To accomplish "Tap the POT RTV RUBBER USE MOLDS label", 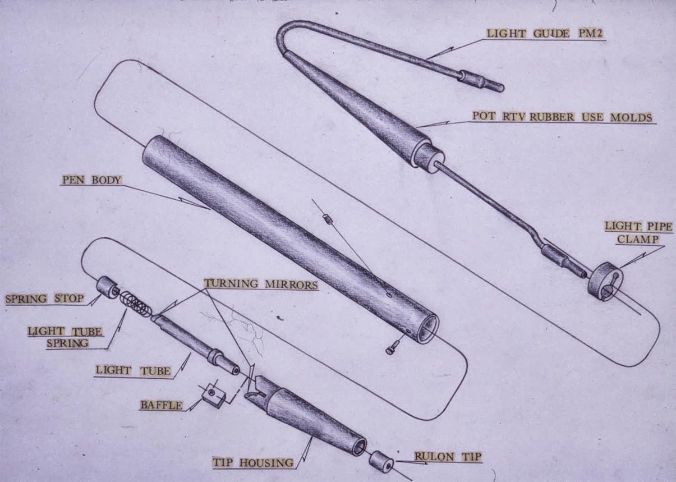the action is pos(562,117).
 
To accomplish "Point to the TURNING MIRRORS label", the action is pos(261,284).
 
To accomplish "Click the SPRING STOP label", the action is pos(45,299).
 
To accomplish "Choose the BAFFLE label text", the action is pos(162,405).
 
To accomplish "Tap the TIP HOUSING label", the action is pos(253,463).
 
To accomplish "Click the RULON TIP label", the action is pos(448,456).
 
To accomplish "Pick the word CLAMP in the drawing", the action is pos(638,240).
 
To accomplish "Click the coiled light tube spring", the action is pos(135,304).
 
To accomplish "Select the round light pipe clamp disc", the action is pos(605,282).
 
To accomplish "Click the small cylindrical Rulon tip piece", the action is pos(381,461).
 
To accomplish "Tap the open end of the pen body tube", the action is pos(426,328).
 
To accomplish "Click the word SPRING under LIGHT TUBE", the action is pos(67,343).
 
